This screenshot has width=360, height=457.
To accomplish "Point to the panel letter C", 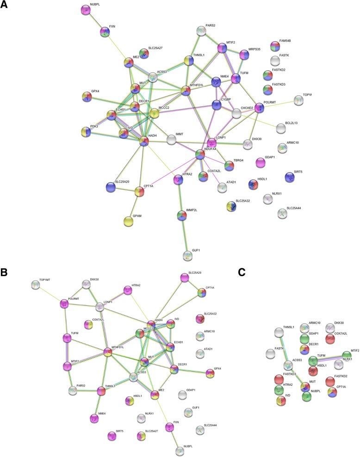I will pyautogui.click(x=241, y=273).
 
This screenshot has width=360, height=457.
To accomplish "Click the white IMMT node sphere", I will pyautogui.click(x=172, y=138).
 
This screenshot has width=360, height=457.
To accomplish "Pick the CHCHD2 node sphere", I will pyautogui.click(x=236, y=113).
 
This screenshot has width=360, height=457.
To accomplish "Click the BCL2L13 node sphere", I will pyautogui.click(x=280, y=128).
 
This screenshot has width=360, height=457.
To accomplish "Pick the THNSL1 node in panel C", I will pyautogui.click(x=279, y=332).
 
